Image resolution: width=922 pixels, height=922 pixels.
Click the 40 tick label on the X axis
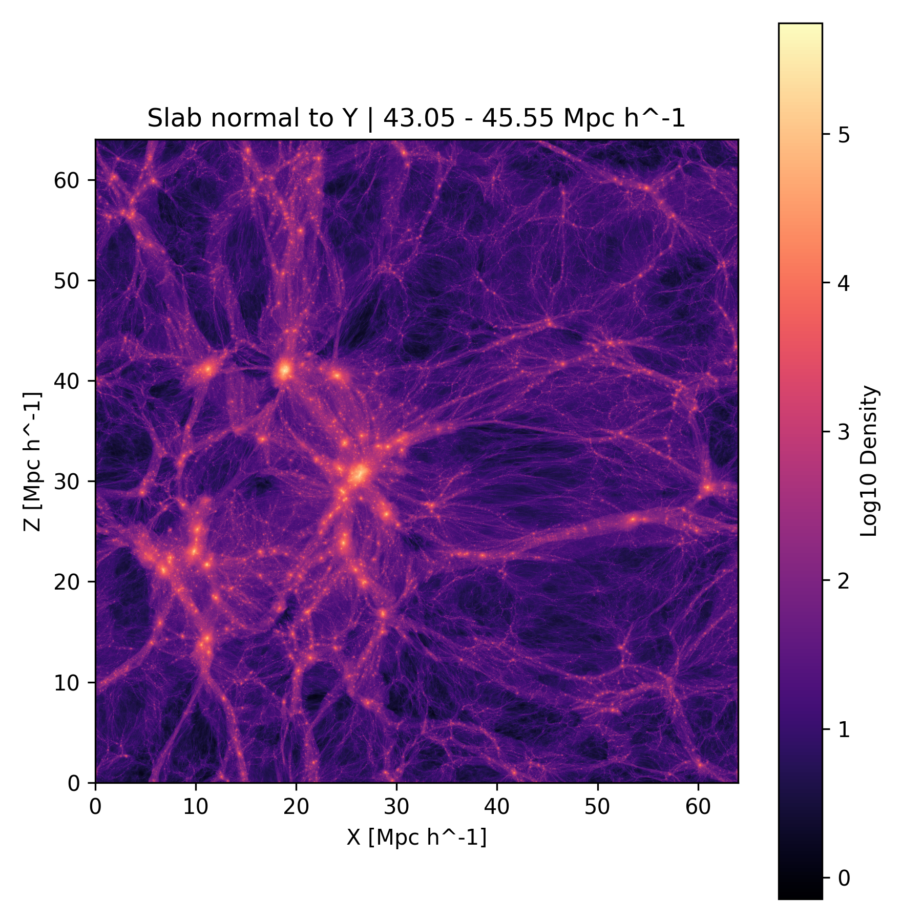click(x=496, y=807)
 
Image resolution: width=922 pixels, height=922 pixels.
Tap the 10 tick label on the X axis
click(x=196, y=807)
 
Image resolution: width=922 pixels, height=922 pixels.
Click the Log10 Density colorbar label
click(x=869, y=461)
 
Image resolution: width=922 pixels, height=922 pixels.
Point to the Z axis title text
click(x=32, y=461)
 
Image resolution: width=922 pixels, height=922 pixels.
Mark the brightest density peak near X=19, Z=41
click(x=285, y=369)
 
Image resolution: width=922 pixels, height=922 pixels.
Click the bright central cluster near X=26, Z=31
click(x=358, y=474)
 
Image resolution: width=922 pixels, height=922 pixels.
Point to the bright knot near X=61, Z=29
click(x=707, y=487)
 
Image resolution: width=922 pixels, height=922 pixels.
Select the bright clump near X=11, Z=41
click(x=207, y=369)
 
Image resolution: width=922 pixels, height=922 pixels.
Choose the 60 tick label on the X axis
click(x=698, y=807)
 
